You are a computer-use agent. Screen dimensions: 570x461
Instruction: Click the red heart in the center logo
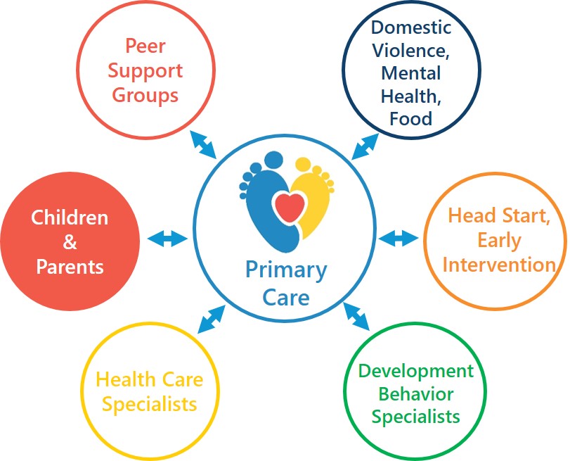[290, 207]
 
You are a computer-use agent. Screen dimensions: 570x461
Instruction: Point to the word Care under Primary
[286, 298]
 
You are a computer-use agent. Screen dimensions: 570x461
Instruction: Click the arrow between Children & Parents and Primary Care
[167, 239]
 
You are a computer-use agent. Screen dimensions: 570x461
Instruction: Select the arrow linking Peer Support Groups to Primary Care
[203, 145]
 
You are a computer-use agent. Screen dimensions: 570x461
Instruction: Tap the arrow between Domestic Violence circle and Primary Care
[365, 146]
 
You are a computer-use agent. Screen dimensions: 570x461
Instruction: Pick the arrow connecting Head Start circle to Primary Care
[399, 238]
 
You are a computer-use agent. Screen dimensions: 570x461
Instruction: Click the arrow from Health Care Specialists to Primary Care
[212, 319]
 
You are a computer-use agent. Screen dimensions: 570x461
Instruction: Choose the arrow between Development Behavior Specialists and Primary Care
[356, 317]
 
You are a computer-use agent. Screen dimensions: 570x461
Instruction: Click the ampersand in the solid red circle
[70, 242]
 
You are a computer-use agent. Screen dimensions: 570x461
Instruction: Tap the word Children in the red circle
[70, 217]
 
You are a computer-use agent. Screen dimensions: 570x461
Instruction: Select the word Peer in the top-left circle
[145, 46]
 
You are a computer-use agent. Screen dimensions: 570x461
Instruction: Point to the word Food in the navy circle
[410, 119]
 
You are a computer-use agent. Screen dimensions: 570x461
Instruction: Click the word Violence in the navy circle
[410, 50]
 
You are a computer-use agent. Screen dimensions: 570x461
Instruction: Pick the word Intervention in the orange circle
[500, 265]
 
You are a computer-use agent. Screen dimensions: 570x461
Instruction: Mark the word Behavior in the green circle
[416, 394]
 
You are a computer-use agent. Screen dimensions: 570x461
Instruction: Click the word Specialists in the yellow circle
[150, 405]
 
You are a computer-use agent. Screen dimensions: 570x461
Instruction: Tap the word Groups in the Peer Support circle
[145, 96]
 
